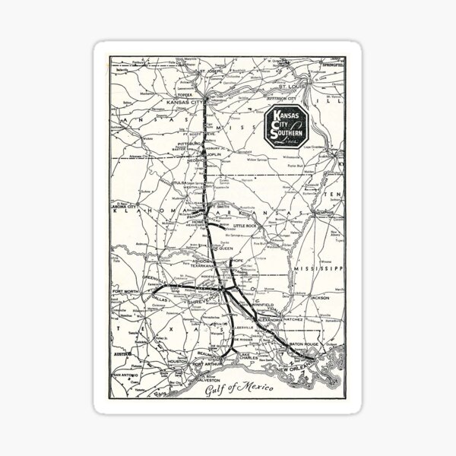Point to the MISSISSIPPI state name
(317, 268)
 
